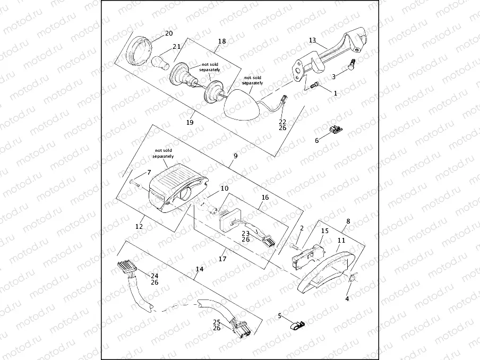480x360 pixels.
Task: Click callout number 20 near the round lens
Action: click(169, 33)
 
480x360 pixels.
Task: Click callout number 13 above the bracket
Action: click(312, 40)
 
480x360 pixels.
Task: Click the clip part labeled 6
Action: click(335, 130)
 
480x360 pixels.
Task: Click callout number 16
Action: click(265, 196)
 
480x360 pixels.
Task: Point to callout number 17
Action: click(223, 260)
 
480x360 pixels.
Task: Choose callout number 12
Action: click(139, 226)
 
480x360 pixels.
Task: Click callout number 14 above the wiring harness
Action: click(199, 269)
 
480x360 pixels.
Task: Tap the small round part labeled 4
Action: click(353, 278)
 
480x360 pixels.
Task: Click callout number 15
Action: click(325, 230)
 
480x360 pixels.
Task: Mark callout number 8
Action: click(348, 221)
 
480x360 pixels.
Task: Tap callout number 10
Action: click(225, 188)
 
